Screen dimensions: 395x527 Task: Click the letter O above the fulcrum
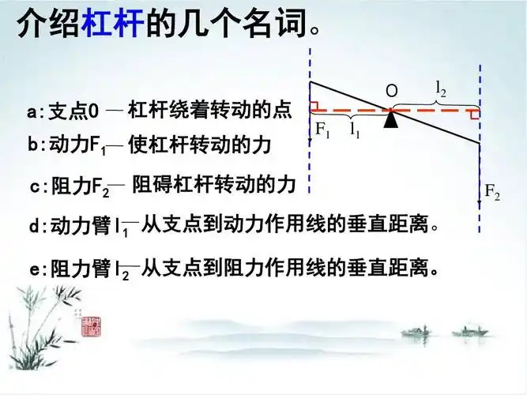[391, 92]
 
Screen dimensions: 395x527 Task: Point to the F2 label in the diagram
[491, 192]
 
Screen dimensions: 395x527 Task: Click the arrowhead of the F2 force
[479, 205]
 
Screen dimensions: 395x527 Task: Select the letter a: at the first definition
[37, 112]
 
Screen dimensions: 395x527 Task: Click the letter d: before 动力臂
[38, 227]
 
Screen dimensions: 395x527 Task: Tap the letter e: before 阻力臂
[37, 270]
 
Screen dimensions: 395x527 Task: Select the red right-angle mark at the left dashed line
[314, 106]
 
